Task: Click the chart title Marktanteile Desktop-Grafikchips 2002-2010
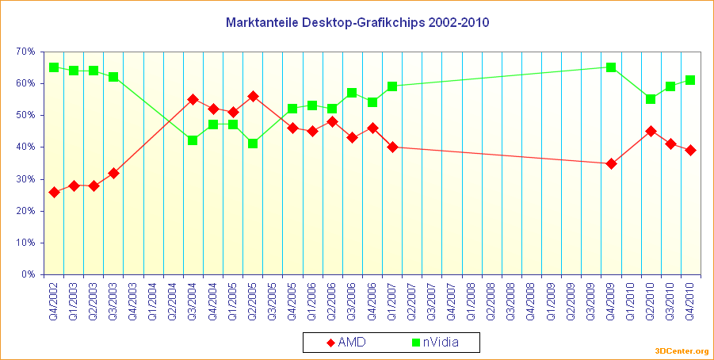coord(357,22)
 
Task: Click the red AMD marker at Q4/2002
coord(54,192)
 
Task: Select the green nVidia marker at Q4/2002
coord(54,67)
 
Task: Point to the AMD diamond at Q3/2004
coord(193,99)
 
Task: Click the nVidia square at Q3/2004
coord(193,140)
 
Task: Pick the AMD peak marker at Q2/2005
coord(253,96)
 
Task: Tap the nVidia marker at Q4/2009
coord(611,67)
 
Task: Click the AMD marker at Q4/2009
coord(611,163)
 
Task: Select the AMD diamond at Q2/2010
coord(651,131)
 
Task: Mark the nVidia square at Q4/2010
coord(690,80)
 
